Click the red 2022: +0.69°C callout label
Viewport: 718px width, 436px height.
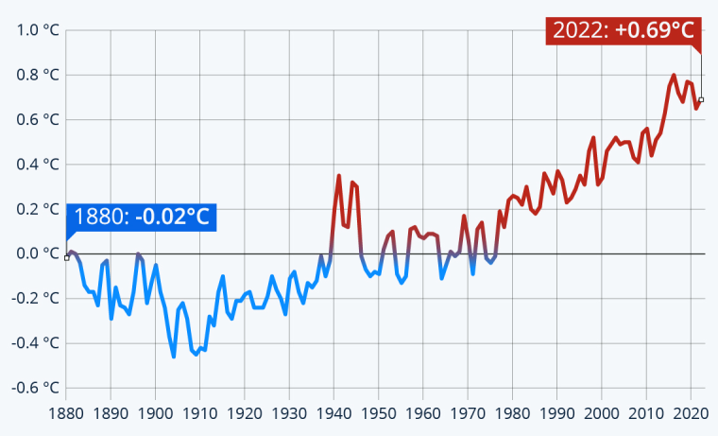pos(623,30)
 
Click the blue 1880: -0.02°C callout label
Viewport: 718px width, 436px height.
pos(141,217)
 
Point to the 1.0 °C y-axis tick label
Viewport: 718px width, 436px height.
pos(39,30)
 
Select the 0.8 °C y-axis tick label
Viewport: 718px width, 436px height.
pos(39,75)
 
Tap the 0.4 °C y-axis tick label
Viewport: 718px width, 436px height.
pos(39,165)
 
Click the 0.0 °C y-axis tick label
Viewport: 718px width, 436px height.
pos(39,253)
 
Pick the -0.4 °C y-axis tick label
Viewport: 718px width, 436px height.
pos(36,343)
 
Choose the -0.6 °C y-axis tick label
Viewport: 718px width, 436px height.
pos(36,388)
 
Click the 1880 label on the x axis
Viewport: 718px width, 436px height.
pos(66,413)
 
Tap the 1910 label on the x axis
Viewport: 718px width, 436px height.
pos(200,413)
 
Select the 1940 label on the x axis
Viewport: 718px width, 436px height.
pos(334,413)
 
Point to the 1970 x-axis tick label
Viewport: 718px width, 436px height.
pos(468,413)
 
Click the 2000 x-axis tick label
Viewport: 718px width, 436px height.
pos(602,413)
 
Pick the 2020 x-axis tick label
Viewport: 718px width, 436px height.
pos(691,413)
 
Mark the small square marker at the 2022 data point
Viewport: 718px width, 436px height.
pos(700,99)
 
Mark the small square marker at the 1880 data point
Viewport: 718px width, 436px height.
pos(66,257)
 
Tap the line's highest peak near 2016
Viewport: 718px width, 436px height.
pos(674,75)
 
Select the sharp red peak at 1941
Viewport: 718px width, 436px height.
pos(339,175)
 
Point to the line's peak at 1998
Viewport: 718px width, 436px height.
pos(593,138)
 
